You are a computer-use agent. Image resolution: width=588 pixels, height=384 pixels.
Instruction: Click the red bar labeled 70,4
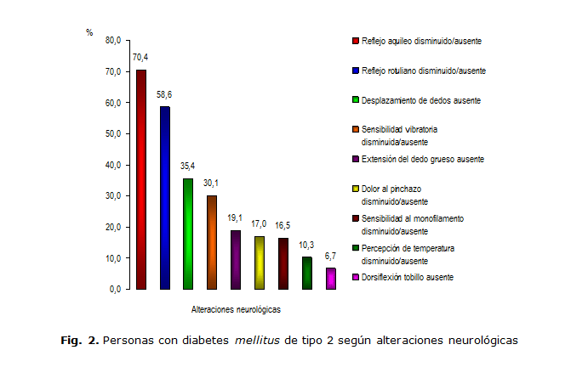pyautogui.click(x=141, y=179)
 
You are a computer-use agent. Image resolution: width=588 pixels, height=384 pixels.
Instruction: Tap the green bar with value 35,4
pyautogui.click(x=188, y=234)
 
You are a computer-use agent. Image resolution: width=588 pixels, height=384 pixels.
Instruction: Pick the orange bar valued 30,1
pyautogui.click(x=212, y=242)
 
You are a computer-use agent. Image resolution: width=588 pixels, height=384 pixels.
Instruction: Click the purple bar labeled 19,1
pyautogui.click(x=236, y=259)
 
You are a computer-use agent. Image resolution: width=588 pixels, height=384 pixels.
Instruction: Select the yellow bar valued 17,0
pyautogui.click(x=260, y=263)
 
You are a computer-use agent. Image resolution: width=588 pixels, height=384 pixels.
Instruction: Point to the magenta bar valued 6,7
pyautogui.click(x=331, y=279)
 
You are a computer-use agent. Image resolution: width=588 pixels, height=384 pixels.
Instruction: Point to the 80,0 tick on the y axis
pyautogui.click(x=113, y=40)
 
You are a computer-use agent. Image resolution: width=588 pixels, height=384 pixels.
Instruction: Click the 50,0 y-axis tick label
pyautogui.click(x=113, y=133)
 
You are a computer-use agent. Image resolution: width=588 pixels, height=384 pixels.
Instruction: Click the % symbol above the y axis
pyautogui.click(x=89, y=31)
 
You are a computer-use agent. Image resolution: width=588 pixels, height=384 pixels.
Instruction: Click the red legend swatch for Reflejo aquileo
pyautogui.click(x=355, y=40)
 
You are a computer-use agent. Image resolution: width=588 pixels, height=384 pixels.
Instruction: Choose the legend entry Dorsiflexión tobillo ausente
pyautogui.click(x=407, y=278)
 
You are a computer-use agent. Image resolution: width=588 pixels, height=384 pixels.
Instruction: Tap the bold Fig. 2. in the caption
pyautogui.click(x=80, y=341)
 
